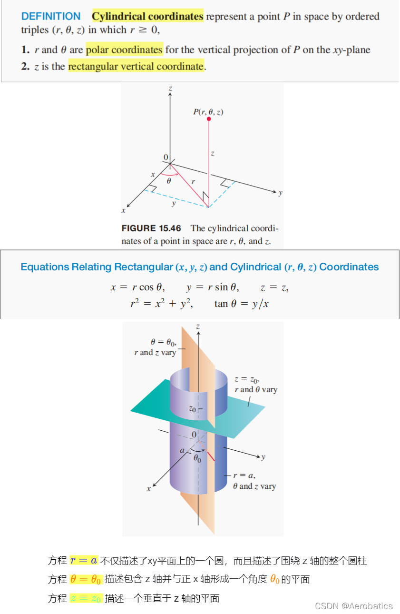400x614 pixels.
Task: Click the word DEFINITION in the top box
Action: pos(51,17)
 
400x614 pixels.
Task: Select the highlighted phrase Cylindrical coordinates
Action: pos(147,17)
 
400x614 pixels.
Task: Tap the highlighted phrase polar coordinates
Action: pos(124,50)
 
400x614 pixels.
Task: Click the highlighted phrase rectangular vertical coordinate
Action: pos(136,67)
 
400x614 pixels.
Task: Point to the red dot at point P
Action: pos(209,119)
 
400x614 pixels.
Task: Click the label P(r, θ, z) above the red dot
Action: pos(208,112)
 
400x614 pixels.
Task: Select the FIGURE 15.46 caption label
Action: pos(151,228)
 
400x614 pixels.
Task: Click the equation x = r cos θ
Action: pos(137,287)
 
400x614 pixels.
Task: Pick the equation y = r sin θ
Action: pos(213,287)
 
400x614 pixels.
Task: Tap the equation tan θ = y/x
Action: pos(241,304)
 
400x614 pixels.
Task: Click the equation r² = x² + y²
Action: pos(162,304)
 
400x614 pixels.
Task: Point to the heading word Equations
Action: pos(44,267)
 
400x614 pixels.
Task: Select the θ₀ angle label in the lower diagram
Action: pos(197,460)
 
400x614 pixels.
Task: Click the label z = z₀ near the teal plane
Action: pos(247,379)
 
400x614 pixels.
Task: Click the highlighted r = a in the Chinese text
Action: pos(84,561)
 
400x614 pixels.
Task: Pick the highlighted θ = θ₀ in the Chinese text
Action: pos(86,579)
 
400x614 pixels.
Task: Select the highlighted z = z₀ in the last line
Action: pos(86,598)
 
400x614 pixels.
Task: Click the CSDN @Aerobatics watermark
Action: pos(354,606)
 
